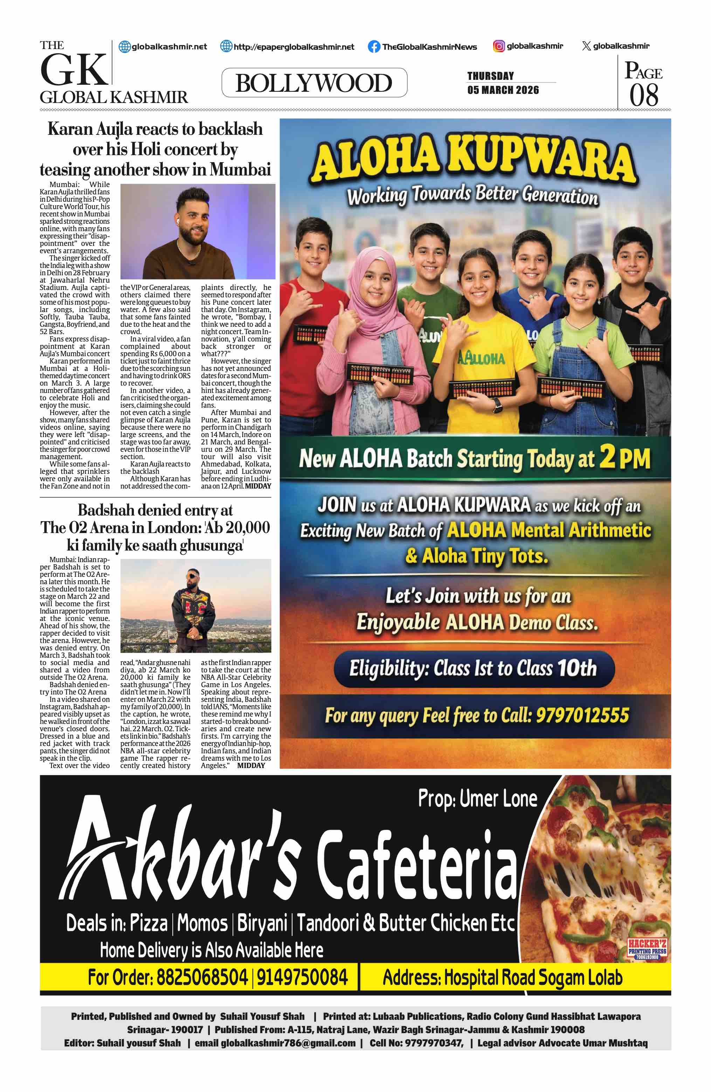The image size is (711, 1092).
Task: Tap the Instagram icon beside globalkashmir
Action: pos(499,46)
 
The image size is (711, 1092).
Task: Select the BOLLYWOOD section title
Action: pos(314,83)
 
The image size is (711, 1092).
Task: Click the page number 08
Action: pos(643,95)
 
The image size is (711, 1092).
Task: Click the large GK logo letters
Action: pos(74,70)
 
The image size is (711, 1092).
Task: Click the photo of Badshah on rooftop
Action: pos(195,605)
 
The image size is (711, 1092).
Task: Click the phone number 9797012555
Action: pos(582,715)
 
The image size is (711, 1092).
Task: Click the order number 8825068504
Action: pos(202,977)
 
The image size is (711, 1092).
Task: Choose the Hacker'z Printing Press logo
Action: pos(647,949)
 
